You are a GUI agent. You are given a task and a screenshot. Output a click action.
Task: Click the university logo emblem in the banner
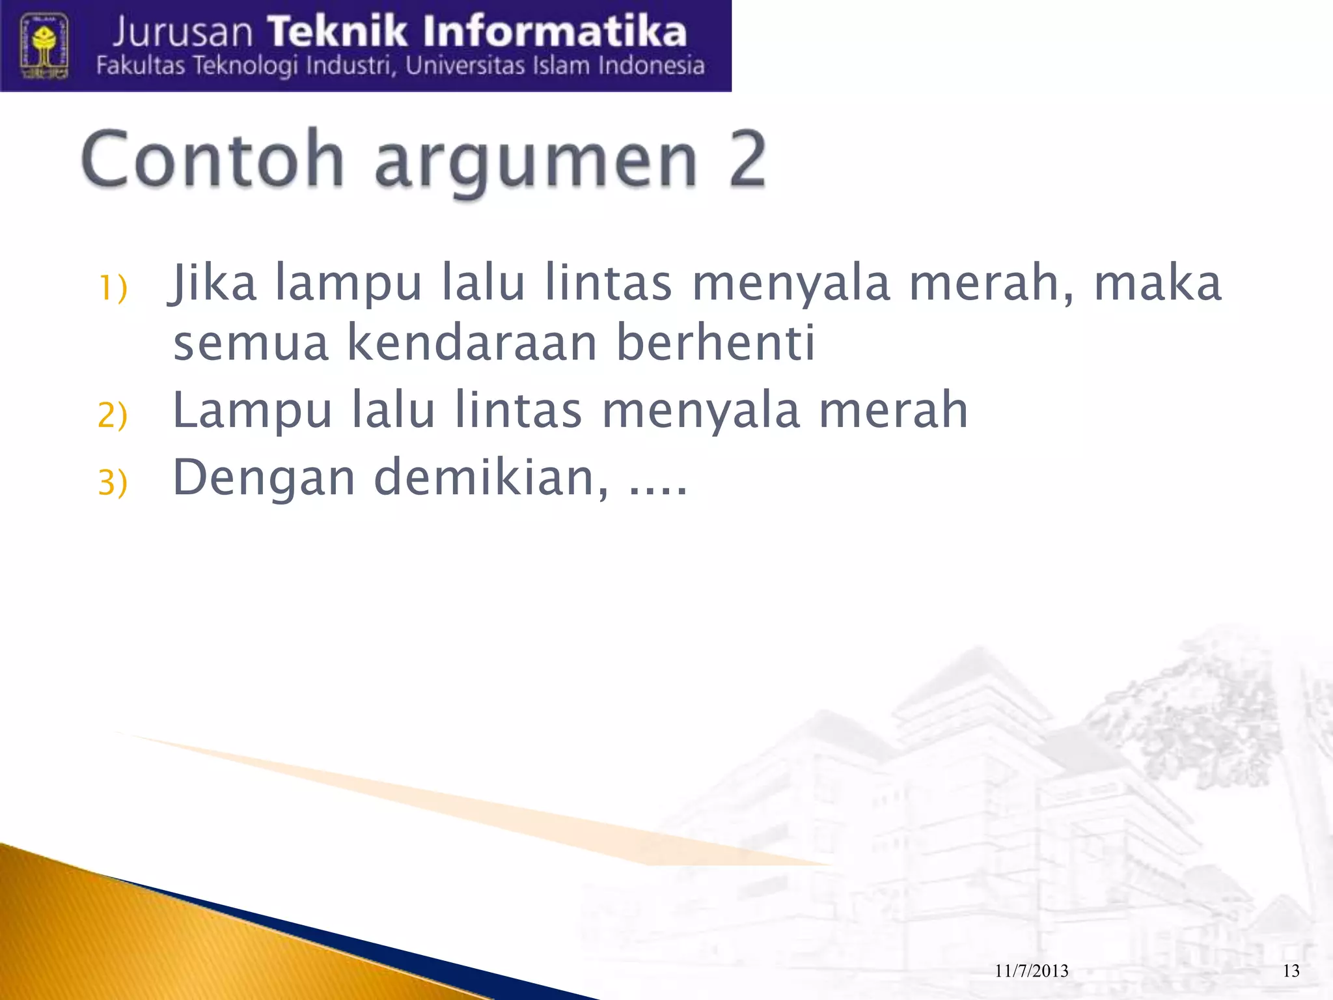pyautogui.click(x=44, y=47)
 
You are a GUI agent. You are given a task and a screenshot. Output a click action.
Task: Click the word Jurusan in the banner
pyautogui.click(x=183, y=33)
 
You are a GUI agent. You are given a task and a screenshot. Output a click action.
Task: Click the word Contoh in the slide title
pyautogui.click(x=212, y=160)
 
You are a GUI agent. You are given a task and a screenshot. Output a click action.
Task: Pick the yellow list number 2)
pyautogui.click(x=113, y=415)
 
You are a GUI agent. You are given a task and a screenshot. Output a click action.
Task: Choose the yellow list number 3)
pyautogui.click(x=113, y=482)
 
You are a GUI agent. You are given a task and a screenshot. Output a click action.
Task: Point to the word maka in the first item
pyautogui.click(x=1157, y=284)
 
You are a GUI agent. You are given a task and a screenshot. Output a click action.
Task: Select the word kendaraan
pyautogui.click(x=472, y=343)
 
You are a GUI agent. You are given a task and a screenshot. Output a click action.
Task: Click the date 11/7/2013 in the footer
pyautogui.click(x=1032, y=971)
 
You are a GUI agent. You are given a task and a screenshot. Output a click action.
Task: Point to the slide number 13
pyautogui.click(x=1291, y=971)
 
